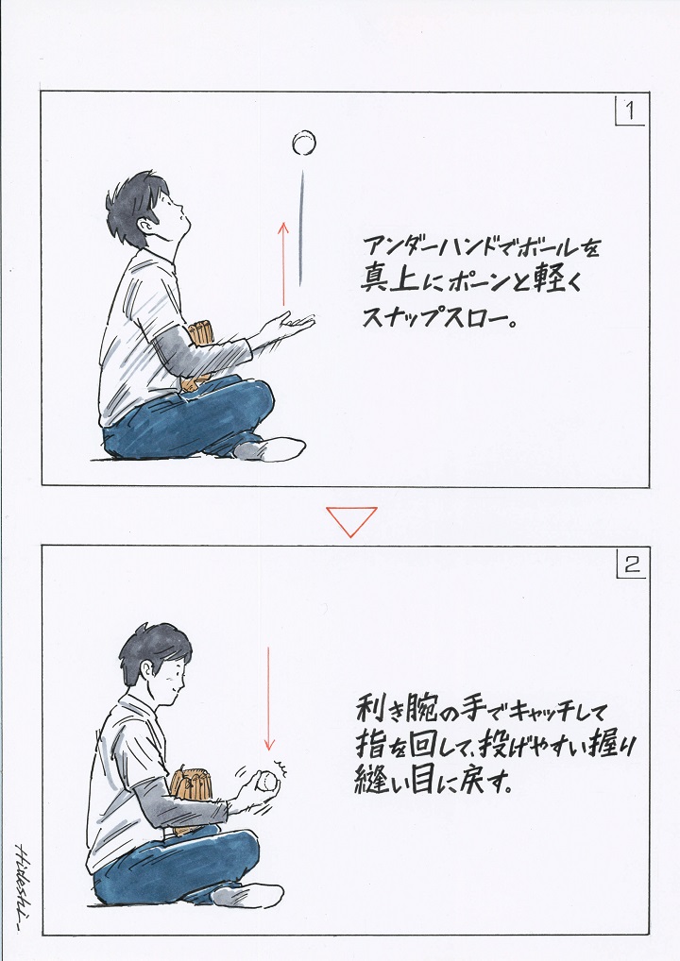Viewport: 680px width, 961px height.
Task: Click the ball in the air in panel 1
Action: (x=303, y=143)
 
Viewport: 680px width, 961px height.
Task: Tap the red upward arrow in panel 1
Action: (x=283, y=263)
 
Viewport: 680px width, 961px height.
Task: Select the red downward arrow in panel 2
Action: (x=268, y=699)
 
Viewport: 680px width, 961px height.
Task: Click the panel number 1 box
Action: (x=630, y=110)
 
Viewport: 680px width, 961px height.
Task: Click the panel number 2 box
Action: (x=631, y=564)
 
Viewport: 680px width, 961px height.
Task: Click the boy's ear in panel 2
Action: (x=148, y=670)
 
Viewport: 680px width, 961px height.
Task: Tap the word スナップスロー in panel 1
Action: (x=437, y=316)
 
